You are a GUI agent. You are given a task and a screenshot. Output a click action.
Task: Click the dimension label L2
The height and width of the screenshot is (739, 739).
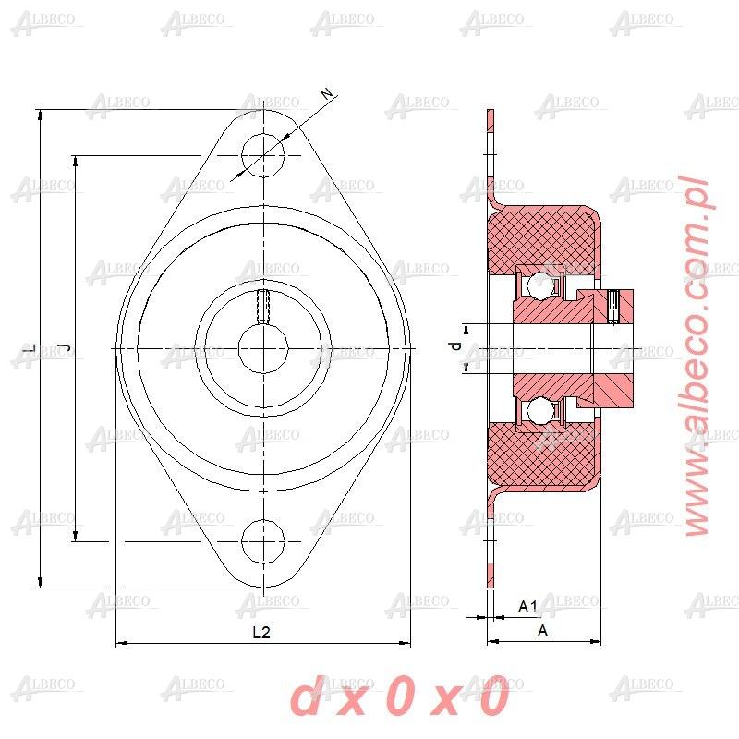261,633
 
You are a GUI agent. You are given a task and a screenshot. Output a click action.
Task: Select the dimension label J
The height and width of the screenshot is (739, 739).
64,347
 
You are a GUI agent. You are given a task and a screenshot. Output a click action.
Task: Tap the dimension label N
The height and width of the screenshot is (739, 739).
325,94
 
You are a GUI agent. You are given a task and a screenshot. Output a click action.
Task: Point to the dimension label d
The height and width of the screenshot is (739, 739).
454,346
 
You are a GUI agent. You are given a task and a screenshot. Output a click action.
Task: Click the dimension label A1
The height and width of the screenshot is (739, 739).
527,607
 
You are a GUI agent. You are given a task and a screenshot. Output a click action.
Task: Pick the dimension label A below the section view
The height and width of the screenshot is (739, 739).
543,631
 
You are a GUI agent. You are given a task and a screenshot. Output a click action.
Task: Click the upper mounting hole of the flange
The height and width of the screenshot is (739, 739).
263,155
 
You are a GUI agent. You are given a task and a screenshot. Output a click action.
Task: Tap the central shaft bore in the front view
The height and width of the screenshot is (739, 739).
263,348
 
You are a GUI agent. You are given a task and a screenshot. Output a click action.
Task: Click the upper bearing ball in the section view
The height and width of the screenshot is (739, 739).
535,285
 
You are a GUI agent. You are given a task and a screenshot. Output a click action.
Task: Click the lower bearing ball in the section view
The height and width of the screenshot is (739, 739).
535,411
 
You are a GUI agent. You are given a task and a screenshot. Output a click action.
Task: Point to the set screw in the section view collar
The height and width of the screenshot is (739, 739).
613,306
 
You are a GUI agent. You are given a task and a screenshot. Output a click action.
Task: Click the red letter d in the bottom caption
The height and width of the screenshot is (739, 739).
307,699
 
